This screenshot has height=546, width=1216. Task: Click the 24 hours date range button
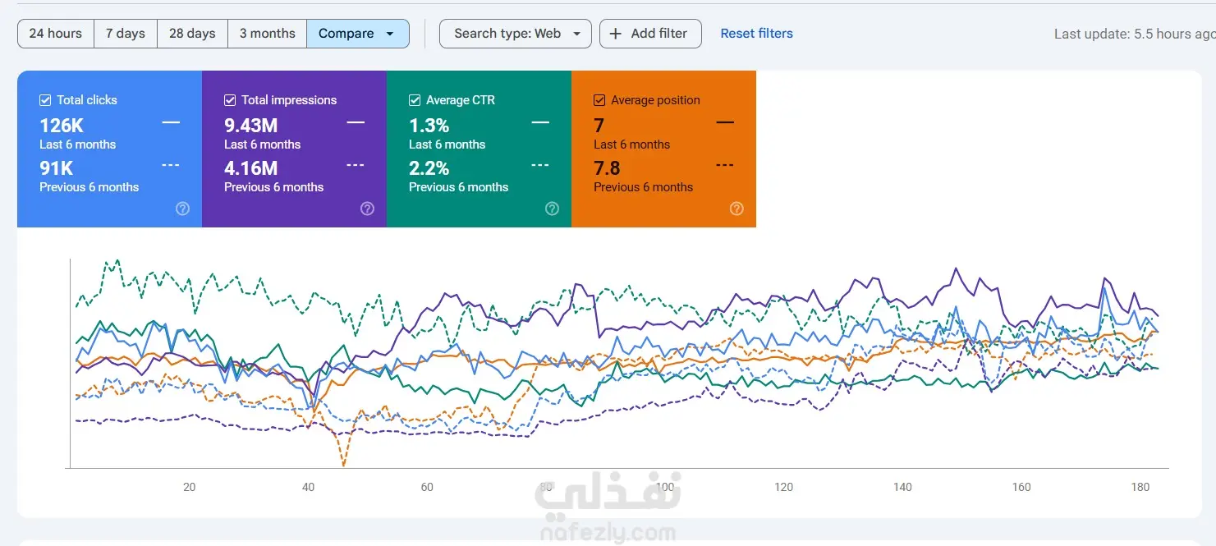[x=56, y=34]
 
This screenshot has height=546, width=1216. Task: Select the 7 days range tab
[x=126, y=34]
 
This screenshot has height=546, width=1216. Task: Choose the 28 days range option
[x=192, y=34]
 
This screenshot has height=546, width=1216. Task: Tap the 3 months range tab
[x=267, y=34]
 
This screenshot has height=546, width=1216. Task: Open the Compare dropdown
[x=357, y=34]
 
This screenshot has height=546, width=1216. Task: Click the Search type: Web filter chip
[x=516, y=34]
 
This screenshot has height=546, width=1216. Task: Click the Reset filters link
[x=756, y=34]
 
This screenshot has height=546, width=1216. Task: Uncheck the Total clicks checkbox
[x=46, y=100]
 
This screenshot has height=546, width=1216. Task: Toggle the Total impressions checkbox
[x=231, y=100]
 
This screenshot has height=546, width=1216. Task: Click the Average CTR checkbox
[x=415, y=100]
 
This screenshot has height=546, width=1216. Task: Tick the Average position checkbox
[x=600, y=100]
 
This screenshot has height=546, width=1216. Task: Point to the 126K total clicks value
[x=62, y=126]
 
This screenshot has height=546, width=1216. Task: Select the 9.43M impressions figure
[x=250, y=126]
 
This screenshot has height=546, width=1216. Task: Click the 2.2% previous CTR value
[x=429, y=168]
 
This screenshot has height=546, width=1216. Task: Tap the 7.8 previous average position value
[x=607, y=168]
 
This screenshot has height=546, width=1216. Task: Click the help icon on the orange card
[x=736, y=209]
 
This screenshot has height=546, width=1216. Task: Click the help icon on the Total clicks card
[x=182, y=209]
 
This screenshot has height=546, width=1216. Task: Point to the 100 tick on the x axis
[x=664, y=487]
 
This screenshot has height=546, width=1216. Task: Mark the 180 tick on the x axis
[x=1140, y=487]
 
